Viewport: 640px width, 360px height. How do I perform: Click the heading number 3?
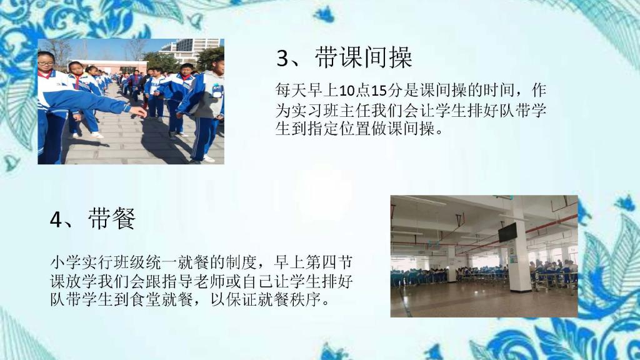[x=282, y=58]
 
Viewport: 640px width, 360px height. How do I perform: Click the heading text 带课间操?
[x=363, y=57]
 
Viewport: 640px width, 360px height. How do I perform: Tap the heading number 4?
[x=56, y=219]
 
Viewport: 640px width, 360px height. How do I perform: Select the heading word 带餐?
[x=111, y=218]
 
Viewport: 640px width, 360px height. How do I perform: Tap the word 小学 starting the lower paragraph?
[x=65, y=262]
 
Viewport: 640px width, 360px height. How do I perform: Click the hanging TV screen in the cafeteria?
[x=507, y=232]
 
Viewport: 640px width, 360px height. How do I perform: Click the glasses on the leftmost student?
[x=46, y=63]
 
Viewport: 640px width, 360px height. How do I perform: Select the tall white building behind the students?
[x=192, y=49]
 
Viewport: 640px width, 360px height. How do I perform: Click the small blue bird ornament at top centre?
[x=324, y=14]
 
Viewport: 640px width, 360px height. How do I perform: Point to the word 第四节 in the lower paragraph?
[x=329, y=262]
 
